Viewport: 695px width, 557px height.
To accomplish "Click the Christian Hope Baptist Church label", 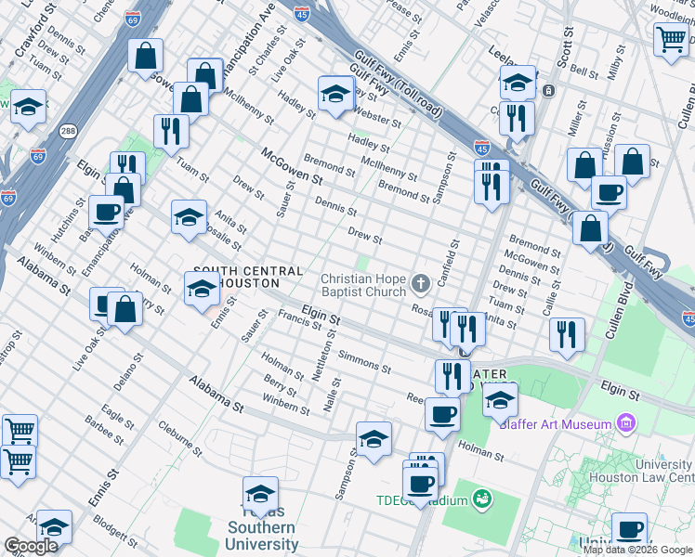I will coord(363,285).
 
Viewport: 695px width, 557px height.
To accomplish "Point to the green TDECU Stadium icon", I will coord(480,499).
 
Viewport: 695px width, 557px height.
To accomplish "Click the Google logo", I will coord(31,546).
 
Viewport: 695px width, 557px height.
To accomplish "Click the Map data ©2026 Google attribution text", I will coord(638,550).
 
